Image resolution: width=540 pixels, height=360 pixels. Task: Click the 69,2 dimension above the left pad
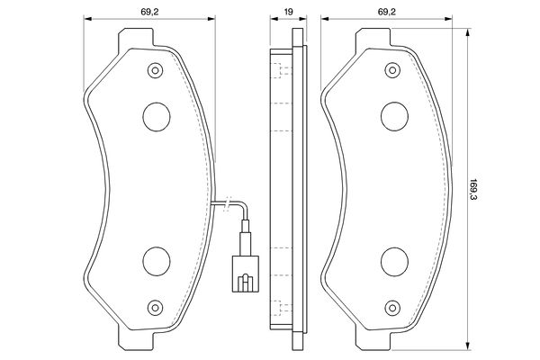coord(149,12)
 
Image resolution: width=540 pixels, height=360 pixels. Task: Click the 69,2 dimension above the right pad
coord(387,12)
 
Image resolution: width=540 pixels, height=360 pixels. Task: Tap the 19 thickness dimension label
coord(289,12)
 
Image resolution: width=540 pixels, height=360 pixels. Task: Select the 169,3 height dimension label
coord(475,190)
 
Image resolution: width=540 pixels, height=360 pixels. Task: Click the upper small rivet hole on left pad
coord(155,70)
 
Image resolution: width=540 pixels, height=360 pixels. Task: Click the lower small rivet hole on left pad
coord(155,307)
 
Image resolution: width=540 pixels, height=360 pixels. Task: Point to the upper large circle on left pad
coord(157,117)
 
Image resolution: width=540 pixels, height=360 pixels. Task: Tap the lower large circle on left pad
coord(157,262)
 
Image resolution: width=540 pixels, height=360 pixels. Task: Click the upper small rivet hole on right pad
coord(392,70)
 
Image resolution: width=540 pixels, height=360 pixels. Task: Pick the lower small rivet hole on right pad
coord(392,307)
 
